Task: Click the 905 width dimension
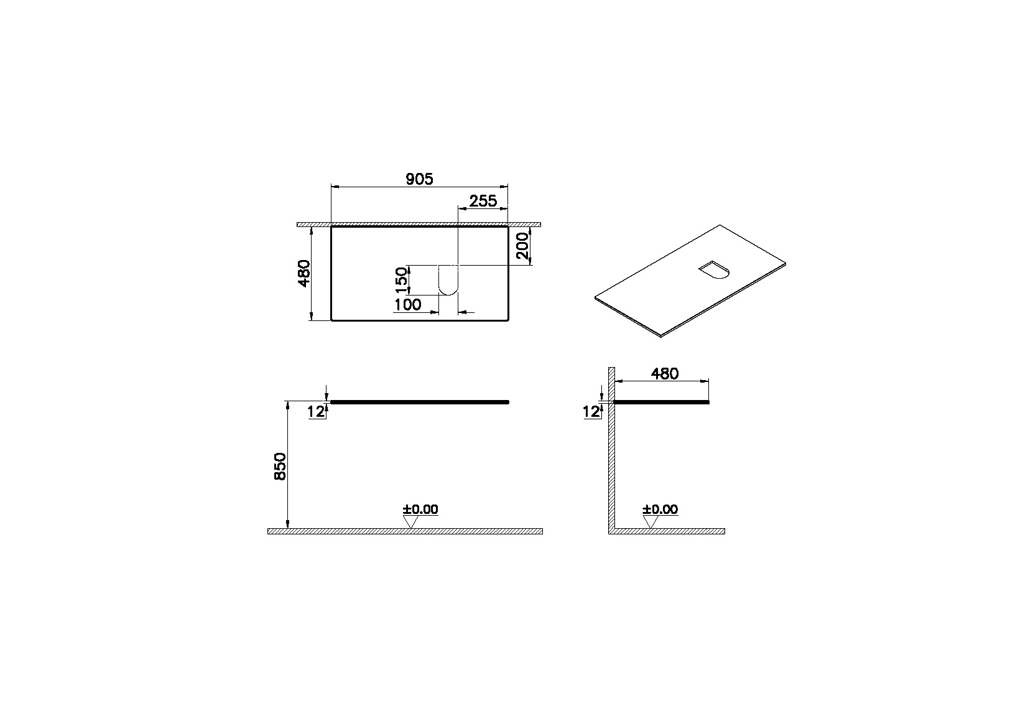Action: pos(419,179)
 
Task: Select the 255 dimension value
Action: pos(483,200)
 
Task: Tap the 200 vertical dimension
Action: pos(523,246)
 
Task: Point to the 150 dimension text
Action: pos(402,280)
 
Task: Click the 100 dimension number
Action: pos(407,305)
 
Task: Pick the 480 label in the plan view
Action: pos(304,273)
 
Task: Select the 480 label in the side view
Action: pos(664,373)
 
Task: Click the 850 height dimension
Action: pos(280,466)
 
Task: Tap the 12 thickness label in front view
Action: pos(316,411)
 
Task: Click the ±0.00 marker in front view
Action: pos(420,510)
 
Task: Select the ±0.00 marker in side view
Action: pos(660,510)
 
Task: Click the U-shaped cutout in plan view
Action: pos(448,279)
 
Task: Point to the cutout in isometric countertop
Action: pos(715,270)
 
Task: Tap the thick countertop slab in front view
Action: pos(420,403)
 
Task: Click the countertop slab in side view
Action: pos(662,403)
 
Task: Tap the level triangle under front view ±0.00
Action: pos(409,522)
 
